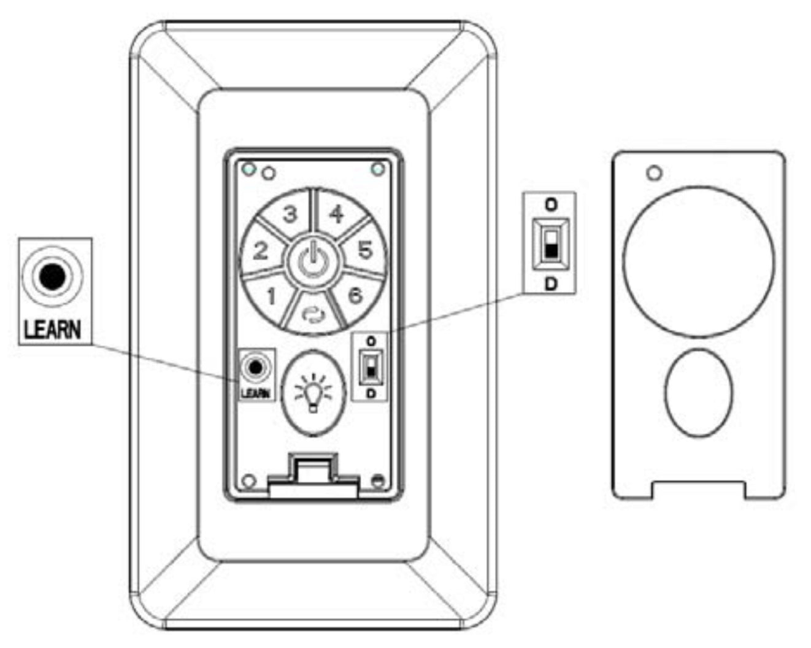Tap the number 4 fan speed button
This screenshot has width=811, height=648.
336,214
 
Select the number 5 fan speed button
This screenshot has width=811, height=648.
364,250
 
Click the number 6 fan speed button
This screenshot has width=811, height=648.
355,295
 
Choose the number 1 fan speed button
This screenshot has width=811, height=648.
271,296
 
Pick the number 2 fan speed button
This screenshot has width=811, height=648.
261,250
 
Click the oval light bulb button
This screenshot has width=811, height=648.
313,393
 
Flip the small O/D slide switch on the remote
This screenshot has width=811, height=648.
370,368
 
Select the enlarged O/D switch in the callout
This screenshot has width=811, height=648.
550,242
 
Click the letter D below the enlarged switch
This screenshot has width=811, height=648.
550,284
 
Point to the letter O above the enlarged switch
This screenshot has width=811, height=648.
550,204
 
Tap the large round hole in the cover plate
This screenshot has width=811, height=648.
699,261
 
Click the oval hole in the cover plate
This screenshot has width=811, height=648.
699,393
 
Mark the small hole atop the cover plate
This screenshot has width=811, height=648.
655,174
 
